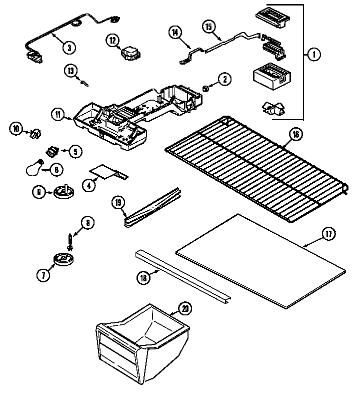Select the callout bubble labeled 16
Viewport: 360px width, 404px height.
pyautogui.click(x=295, y=134)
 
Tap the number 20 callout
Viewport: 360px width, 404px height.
pyautogui.click(x=185, y=309)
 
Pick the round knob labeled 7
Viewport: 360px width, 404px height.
pyautogui.click(x=62, y=259)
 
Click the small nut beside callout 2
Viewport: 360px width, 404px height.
pyautogui.click(x=205, y=89)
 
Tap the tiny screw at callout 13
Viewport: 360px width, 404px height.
pyautogui.click(x=85, y=83)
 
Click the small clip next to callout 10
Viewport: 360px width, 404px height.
pyautogui.click(x=34, y=132)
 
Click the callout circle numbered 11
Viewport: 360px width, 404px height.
pyautogui.click(x=57, y=115)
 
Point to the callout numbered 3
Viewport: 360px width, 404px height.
pyautogui.click(x=69, y=48)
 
